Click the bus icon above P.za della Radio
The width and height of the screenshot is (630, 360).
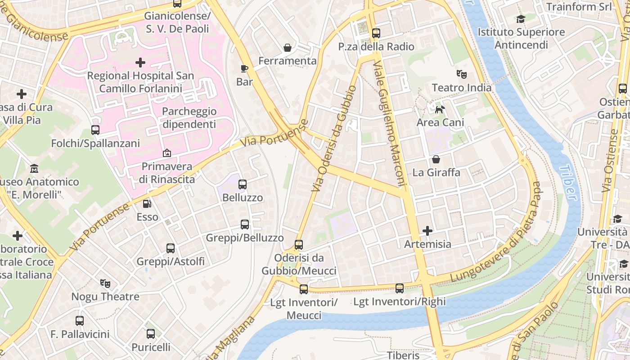[376, 33]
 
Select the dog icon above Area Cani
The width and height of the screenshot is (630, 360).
[440, 109]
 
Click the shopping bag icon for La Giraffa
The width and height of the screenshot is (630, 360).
[436, 159]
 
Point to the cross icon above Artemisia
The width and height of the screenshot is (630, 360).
[427, 231]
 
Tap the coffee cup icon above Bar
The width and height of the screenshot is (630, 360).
[244, 68]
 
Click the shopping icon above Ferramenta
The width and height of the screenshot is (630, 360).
[287, 48]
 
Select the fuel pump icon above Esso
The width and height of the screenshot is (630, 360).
[147, 204]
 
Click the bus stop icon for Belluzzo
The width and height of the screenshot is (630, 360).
[243, 184]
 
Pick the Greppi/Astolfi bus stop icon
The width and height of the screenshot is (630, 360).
[171, 248]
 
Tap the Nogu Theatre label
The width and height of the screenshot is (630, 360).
[105, 297]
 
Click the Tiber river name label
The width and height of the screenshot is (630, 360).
[568, 182]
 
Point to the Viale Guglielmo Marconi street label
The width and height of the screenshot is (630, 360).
[390, 124]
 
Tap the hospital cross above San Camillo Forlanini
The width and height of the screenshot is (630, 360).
[140, 62]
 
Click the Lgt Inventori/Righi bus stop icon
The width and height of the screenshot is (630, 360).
[400, 288]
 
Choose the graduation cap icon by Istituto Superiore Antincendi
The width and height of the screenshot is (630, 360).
[521, 19]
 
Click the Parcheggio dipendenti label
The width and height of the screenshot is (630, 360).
[189, 117]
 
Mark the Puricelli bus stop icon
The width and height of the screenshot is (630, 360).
[151, 334]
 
